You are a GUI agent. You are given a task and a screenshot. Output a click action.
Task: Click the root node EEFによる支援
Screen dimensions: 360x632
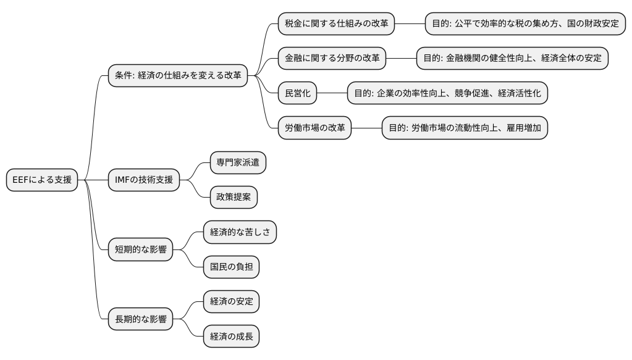tap(42, 180)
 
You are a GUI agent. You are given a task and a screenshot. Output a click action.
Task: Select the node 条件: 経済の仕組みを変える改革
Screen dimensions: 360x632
tap(178, 76)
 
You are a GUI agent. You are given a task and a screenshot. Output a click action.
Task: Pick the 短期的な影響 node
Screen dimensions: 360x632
tap(140, 249)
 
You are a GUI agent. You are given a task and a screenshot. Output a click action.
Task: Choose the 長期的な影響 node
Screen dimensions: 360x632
tap(140, 319)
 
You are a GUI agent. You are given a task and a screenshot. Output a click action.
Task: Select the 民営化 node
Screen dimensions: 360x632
tap(297, 93)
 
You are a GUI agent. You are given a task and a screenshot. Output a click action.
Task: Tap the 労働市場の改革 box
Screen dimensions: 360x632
tap(314, 128)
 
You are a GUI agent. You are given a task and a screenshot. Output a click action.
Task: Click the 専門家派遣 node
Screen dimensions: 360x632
tap(238, 162)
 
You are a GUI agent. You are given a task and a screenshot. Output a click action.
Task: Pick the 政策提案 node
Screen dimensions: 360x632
tap(234, 197)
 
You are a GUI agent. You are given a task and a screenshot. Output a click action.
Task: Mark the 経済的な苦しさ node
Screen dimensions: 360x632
tap(240, 232)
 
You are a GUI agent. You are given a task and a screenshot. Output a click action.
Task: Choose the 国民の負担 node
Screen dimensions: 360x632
tap(231, 267)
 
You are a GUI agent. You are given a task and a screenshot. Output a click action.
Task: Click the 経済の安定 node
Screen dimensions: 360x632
tap(231, 301)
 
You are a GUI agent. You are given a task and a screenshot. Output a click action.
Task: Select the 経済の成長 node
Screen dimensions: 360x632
tap(231, 337)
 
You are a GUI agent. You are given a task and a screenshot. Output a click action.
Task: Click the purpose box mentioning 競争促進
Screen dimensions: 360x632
tap(447, 93)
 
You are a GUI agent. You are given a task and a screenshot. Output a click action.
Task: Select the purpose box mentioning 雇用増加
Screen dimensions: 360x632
tap(465, 128)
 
